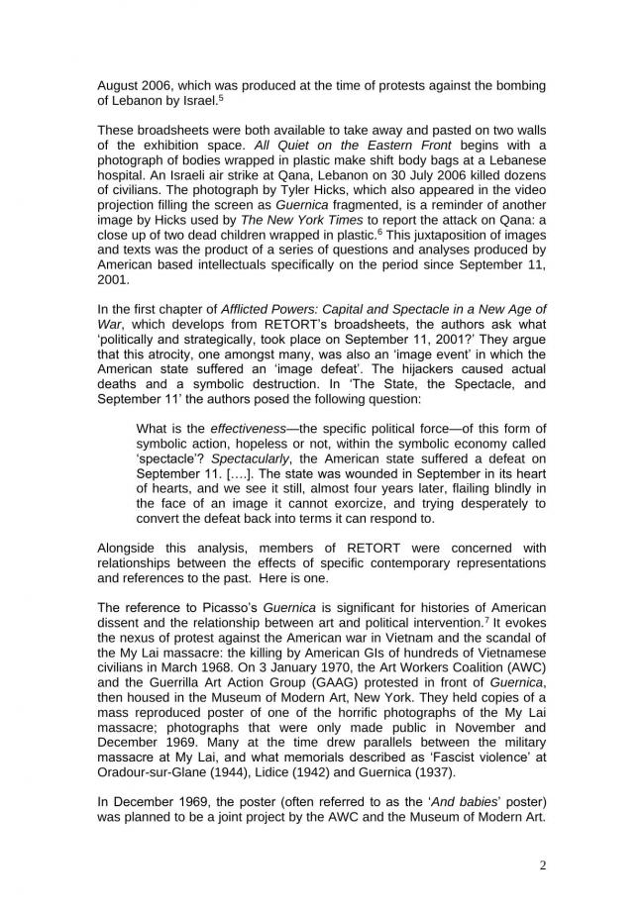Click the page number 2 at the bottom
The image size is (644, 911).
(542, 864)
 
